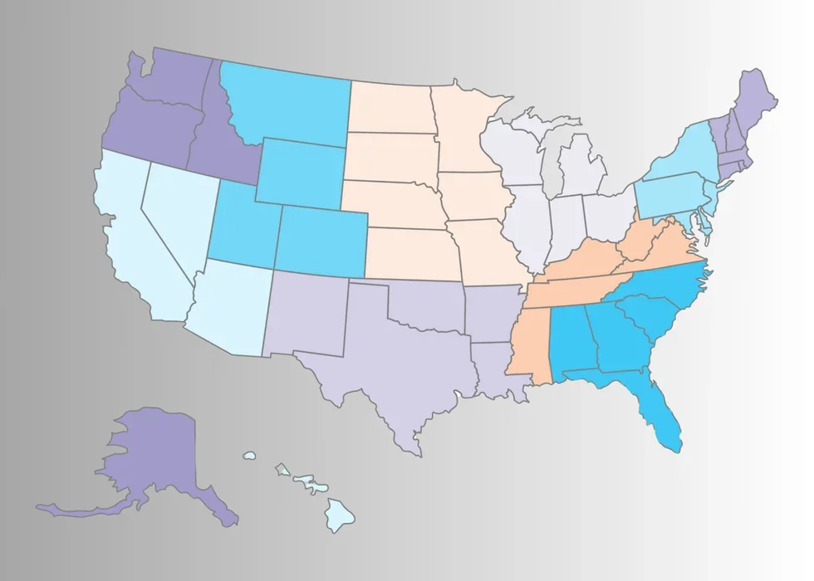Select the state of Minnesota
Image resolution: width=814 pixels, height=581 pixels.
pos(465,133)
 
